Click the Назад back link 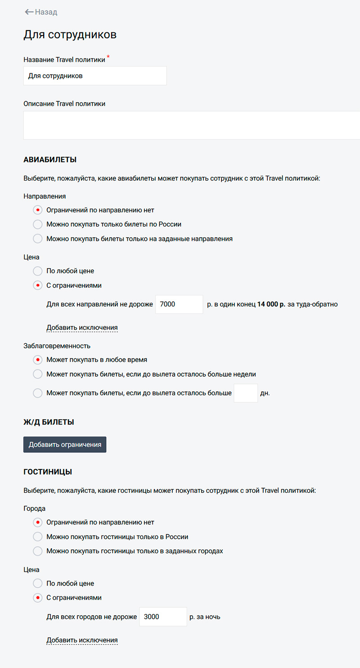[x=41, y=12]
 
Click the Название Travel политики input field [x=95, y=76]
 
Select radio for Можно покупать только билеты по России [x=38, y=224]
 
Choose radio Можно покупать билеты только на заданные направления [x=38, y=239]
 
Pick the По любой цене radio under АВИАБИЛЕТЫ [x=38, y=271]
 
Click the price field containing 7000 [x=179, y=304]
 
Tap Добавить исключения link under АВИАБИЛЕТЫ [x=82, y=327]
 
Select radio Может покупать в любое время [x=38, y=360]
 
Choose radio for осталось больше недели [x=38, y=374]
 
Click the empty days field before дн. [x=246, y=393]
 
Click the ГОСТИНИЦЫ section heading [x=48, y=472]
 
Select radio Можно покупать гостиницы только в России [x=38, y=537]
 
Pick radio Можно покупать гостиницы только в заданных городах [x=38, y=551]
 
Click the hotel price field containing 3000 [x=163, y=617]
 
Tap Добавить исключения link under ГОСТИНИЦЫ [x=82, y=640]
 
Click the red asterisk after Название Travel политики [x=108, y=57]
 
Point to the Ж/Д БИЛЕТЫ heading [x=49, y=422]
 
